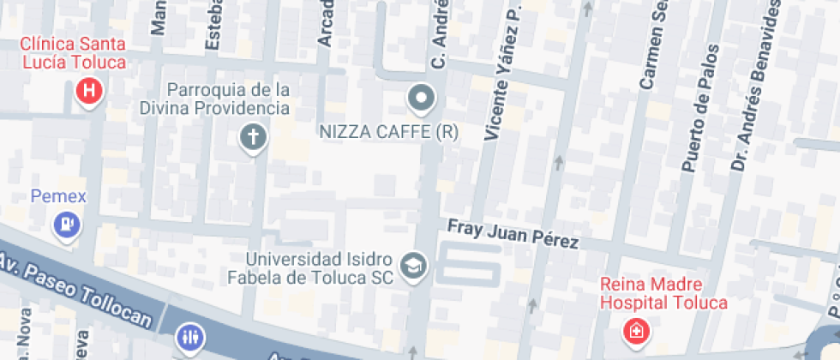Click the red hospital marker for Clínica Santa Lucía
(89, 90)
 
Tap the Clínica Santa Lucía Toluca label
(73, 52)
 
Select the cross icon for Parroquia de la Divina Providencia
(253, 137)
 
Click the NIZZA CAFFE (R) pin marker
(421, 99)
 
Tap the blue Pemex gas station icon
(66, 225)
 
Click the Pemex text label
(58, 196)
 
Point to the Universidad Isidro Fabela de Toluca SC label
(310, 267)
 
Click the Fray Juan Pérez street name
(513, 234)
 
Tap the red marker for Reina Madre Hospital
(636, 330)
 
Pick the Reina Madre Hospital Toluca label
(663, 293)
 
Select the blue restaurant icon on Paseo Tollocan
(189, 338)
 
